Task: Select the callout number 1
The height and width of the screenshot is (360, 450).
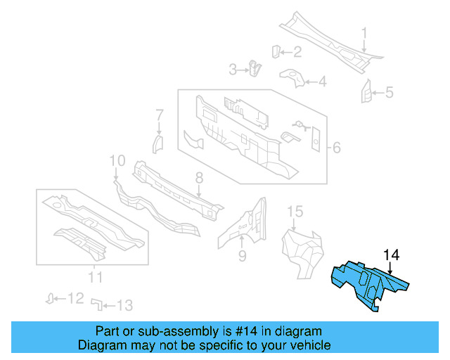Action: point(364,33)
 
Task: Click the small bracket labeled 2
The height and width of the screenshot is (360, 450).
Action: point(276,51)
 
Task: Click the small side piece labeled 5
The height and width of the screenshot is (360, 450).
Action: point(366,91)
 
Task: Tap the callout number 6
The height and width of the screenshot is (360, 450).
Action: point(336,148)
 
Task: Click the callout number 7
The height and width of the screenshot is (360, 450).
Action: point(160,115)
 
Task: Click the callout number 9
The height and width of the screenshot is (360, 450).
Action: point(242,256)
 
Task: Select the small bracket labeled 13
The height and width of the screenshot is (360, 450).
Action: point(97,304)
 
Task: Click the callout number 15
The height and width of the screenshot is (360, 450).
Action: point(295,211)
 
